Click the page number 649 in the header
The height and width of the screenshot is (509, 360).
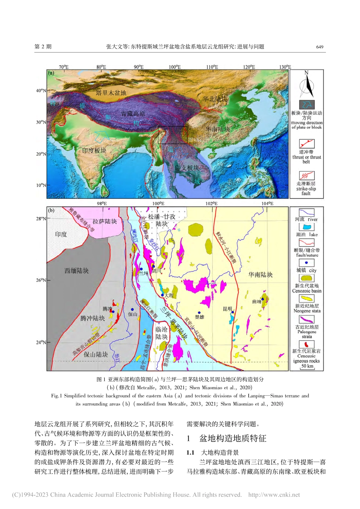[x=319, y=47]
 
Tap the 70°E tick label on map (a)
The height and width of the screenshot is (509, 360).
[x=63, y=67]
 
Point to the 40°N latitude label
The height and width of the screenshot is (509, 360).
[x=41, y=91]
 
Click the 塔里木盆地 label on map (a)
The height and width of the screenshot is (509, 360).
[x=111, y=93]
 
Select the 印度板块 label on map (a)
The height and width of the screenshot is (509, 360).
[x=94, y=150]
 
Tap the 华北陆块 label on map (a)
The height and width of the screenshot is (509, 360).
[x=215, y=99]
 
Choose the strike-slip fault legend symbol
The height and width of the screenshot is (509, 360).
[x=307, y=176]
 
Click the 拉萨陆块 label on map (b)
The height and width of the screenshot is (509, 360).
[x=105, y=222]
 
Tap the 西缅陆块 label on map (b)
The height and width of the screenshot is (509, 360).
[x=77, y=271]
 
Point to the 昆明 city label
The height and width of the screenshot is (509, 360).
[x=227, y=309]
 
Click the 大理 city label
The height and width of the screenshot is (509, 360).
[x=169, y=295]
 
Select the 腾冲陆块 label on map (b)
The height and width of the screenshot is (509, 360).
[x=92, y=318]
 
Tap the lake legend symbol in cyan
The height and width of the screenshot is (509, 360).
[x=307, y=227]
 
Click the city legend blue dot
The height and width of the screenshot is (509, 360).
[x=307, y=262]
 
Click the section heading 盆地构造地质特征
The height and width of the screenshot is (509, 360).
[x=233, y=439]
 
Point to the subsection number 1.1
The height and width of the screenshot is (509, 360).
[x=190, y=453]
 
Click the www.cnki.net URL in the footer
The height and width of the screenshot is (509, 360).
[x=274, y=495]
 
